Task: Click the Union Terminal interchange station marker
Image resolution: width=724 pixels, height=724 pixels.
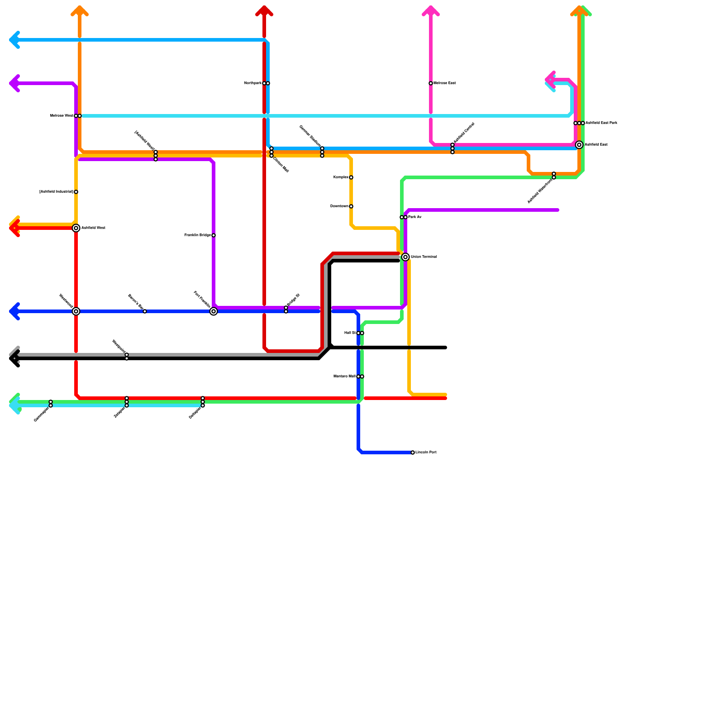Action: click(x=405, y=257)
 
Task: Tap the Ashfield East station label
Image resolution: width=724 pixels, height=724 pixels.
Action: click(x=595, y=145)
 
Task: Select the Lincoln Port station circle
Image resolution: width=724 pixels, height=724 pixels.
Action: click(x=413, y=452)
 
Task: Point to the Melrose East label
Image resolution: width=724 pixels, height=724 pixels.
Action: click(x=445, y=83)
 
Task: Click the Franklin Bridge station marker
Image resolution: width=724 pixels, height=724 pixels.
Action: click(x=214, y=235)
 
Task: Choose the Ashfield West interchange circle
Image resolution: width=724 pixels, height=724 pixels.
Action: click(x=76, y=228)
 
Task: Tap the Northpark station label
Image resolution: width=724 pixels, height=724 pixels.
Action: click(x=252, y=83)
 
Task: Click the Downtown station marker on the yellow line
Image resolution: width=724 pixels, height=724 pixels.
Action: click(x=351, y=206)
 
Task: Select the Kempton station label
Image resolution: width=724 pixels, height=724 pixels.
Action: click(x=341, y=177)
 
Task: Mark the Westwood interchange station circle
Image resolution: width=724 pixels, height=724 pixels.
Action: click(x=76, y=311)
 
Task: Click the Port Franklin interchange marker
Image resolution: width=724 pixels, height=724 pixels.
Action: click(x=214, y=311)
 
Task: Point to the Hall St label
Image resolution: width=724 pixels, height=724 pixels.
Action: click(x=350, y=333)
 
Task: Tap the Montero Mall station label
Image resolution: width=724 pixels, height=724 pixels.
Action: click(x=344, y=376)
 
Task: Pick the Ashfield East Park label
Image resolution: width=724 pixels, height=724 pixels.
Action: click(x=601, y=123)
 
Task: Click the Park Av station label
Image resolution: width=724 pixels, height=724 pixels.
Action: click(x=415, y=217)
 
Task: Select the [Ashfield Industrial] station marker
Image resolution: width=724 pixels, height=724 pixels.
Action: click(x=76, y=192)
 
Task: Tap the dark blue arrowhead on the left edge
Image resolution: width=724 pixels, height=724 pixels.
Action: click(x=14, y=311)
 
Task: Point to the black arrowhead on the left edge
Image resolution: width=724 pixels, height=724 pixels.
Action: click(x=14, y=358)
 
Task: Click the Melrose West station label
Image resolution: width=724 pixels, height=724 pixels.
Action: click(x=62, y=116)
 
